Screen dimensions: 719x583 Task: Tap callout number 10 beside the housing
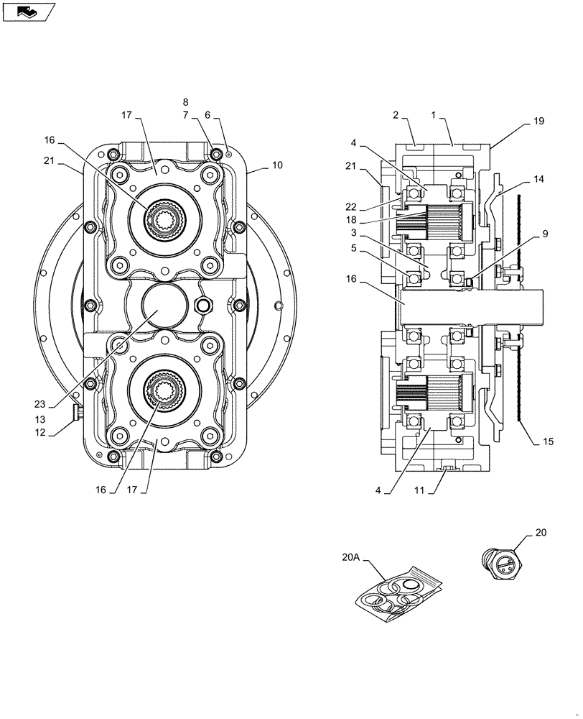click(276, 165)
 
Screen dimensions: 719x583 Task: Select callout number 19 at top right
click(538, 122)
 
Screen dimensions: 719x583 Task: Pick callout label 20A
click(352, 556)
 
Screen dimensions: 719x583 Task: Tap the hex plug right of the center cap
click(203, 305)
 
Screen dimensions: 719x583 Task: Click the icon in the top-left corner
click(28, 11)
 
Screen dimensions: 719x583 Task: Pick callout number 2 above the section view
click(395, 115)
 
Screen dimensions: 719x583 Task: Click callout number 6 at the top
click(207, 115)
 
